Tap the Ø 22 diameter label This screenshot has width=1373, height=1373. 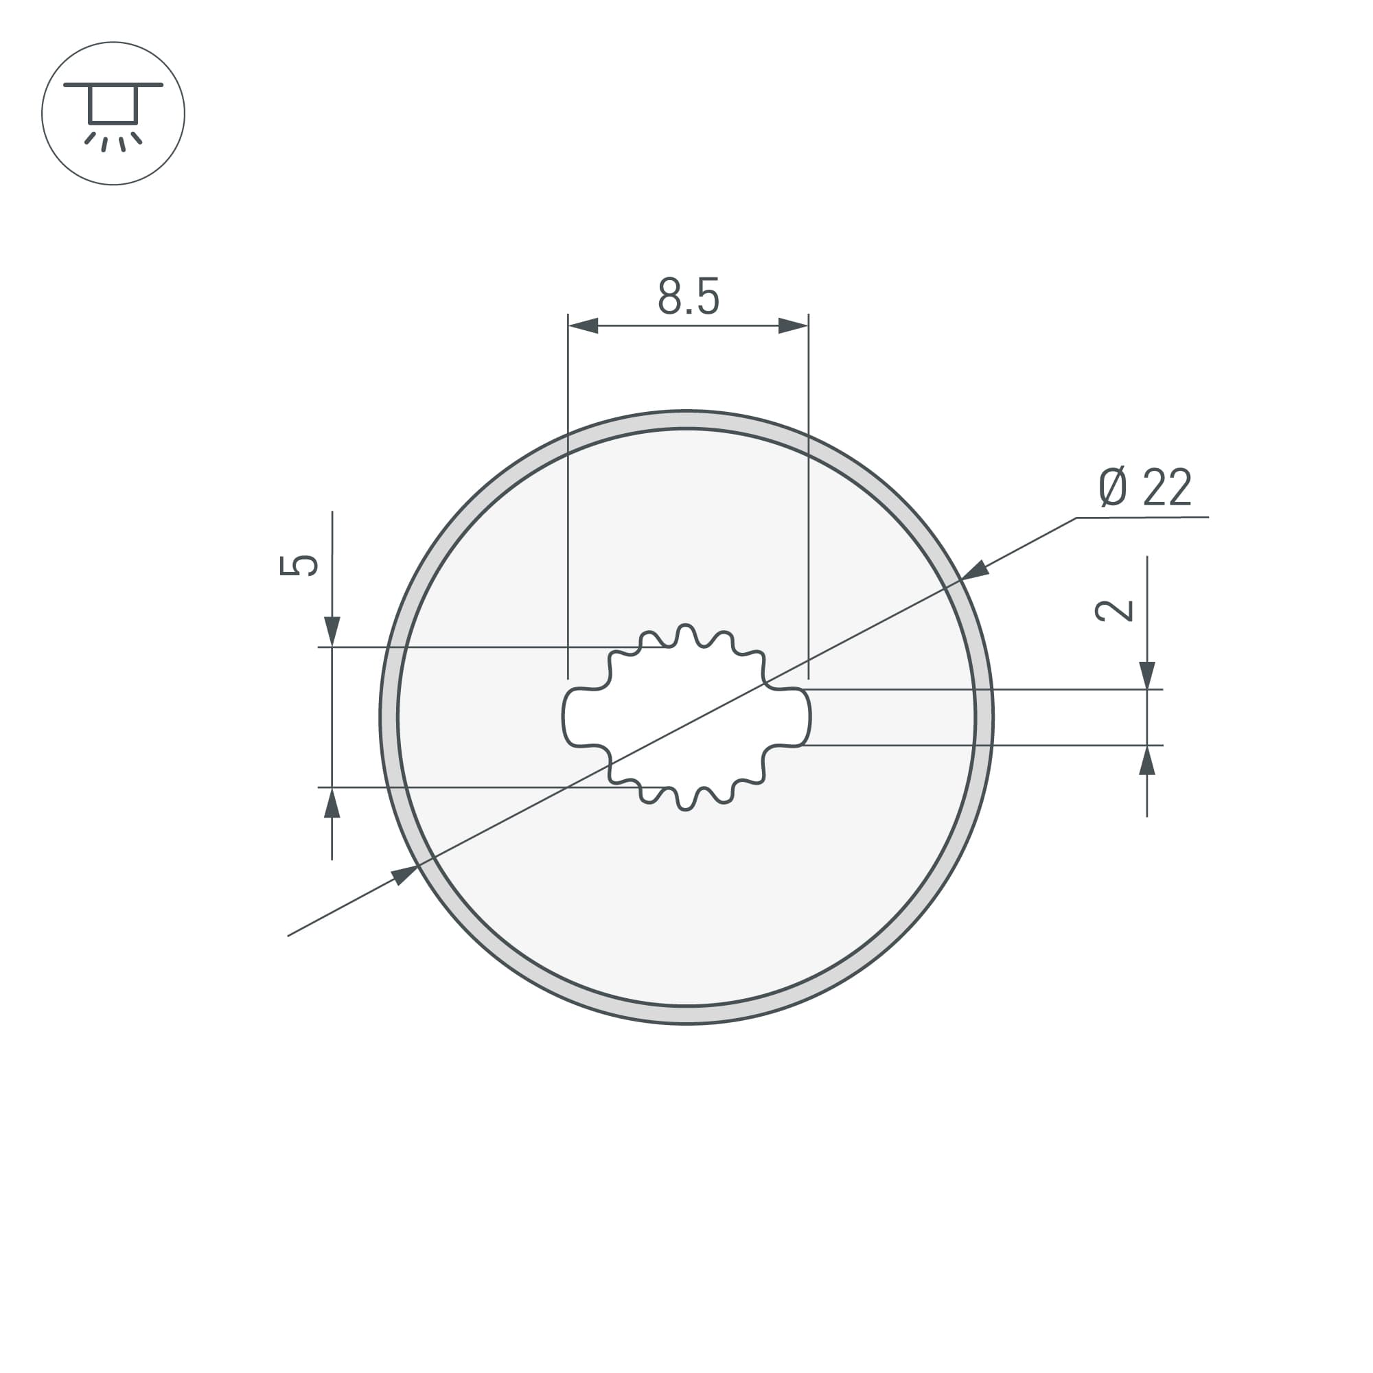(x=1144, y=487)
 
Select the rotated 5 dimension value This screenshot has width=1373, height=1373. (x=299, y=565)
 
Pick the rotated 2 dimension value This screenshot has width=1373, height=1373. (x=1114, y=610)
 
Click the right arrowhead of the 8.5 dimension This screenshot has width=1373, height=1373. (x=793, y=326)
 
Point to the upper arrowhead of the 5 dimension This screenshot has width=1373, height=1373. (x=332, y=630)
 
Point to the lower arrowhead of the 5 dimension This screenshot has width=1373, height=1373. (x=332, y=804)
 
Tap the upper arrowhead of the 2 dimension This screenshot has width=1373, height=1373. (x=1147, y=674)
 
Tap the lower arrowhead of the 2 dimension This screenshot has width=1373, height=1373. (x=1147, y=761)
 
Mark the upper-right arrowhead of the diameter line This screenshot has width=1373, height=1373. (x=975, y=570)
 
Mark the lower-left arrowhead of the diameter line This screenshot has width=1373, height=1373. (x=404, y=875)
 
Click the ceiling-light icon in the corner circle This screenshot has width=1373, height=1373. (x=113, y=114)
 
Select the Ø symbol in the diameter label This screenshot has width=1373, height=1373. (x=1113, y=487)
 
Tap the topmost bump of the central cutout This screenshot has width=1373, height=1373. (x=686, y=632)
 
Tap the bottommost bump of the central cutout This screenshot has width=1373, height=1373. (x=686, y=803)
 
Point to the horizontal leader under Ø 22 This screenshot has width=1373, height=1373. (x=1142, y=518)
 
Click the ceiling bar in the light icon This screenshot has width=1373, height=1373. (x=113, y=85)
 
